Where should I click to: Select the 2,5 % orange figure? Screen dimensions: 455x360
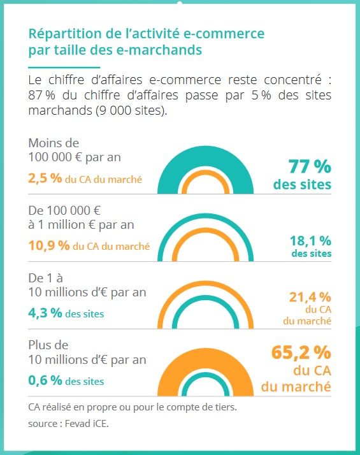(x=45, y=178)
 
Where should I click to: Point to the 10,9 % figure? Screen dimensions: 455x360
(x=49, y=245)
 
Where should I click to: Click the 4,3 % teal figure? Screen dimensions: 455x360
(x=45, y=313)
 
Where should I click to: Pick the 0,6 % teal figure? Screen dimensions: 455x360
(x=45, y=380)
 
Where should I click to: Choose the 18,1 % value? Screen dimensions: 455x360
(x=310, y=241)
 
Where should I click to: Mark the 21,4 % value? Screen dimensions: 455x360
(x=311, y=296)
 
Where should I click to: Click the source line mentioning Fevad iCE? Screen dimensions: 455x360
(x=66, y=422)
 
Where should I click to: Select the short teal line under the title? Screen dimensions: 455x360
(x=64, y=66)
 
